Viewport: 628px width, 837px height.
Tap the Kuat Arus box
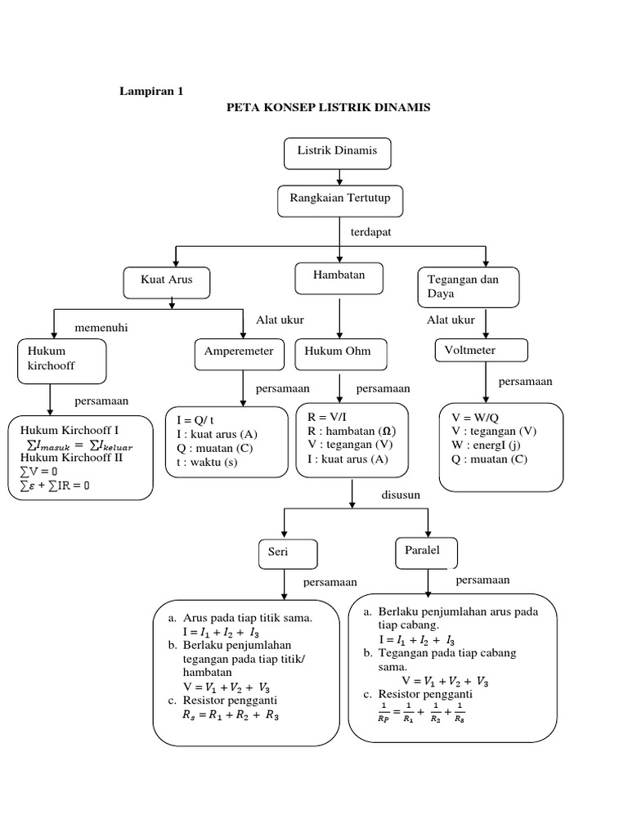(x=168, y=282)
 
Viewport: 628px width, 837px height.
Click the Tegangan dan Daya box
(x=468, y=286)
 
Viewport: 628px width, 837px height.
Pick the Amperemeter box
(x=239, y=353)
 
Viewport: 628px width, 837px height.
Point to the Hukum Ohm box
(x=340, y=353)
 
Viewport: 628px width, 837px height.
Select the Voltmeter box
(x=481, y=351)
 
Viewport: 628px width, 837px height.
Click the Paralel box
(x=426, y=552)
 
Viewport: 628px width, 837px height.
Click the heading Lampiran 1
(x=152, y=92)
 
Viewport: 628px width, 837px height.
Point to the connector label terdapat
(x=371, y=233)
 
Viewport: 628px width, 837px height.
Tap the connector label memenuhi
(x=101, y=328)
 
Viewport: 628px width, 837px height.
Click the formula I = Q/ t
(x=195, y=421)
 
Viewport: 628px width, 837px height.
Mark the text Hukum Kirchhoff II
(x=73, y=458)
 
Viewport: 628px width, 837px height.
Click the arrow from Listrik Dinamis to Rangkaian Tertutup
(x=339, y=177)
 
